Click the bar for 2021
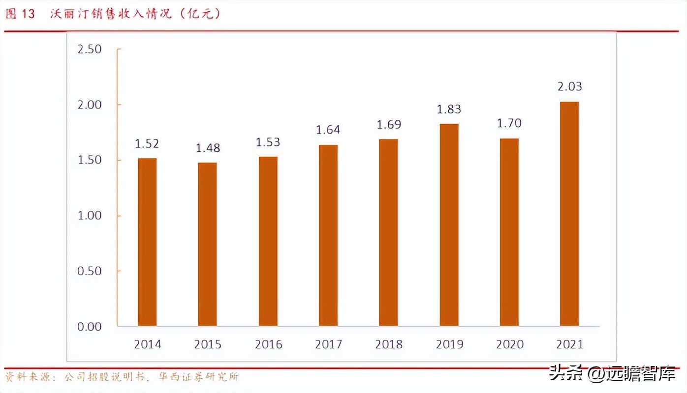coord(569,214)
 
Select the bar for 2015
coord(207,244)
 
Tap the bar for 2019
coord(449,225)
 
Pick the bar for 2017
coord(328,235)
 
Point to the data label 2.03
coord(569,87)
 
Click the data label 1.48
coord(207,148)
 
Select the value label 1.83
coord(449,110)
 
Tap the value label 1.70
coord(509,123)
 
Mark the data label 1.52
coord(147,144)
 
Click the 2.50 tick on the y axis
coord(89,49)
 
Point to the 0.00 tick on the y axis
coord(89,327)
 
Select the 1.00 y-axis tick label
coord(89,216)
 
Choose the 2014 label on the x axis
coord(147,344)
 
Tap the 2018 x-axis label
coord(388,344)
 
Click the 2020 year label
coord(509,344)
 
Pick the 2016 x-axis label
coord(268,344)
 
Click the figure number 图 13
coord(20,14)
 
